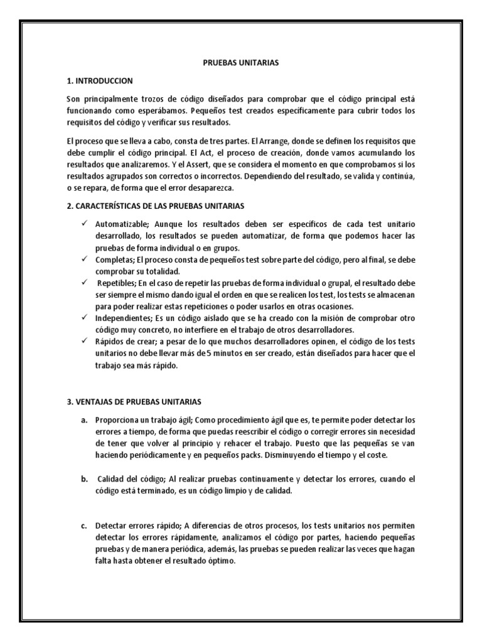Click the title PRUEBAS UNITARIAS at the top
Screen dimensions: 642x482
240,63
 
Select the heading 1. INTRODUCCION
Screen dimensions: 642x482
99,82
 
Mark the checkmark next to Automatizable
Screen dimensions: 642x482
83,224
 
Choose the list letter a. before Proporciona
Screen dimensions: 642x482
83,419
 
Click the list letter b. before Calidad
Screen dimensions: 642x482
83,480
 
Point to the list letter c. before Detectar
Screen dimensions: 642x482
83,525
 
